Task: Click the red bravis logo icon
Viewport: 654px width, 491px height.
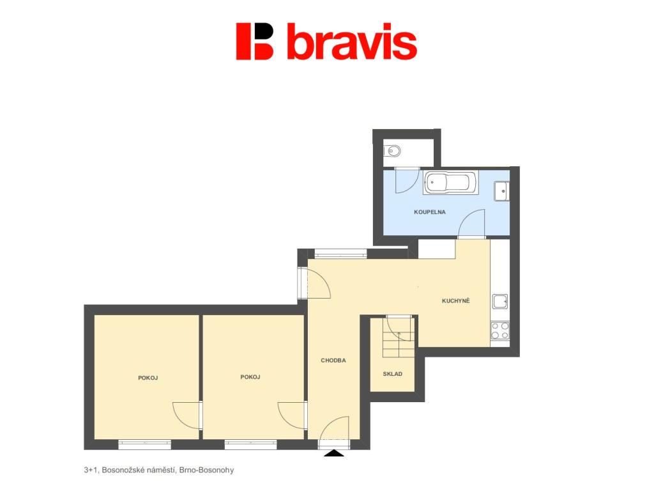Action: [254, 42]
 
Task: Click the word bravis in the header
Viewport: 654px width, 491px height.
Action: [352, 41]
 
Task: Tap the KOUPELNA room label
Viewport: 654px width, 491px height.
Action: [430, 212]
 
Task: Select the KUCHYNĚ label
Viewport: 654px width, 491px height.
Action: [455, 300]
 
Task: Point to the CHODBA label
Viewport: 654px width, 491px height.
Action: [333, 361]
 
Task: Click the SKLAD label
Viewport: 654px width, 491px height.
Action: [393, 374]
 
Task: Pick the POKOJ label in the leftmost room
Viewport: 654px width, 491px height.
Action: [148, 378]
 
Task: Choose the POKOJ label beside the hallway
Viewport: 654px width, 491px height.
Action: [250, 377]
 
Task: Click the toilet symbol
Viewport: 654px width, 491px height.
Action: [393, 150]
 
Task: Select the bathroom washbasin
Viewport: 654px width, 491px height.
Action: [502, 191]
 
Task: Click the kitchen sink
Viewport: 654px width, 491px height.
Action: [500, 301]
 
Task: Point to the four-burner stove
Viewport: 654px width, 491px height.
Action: [500, 331]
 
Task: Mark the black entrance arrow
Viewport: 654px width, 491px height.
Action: [335, 453]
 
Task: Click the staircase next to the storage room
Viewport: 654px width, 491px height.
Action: [399, 336]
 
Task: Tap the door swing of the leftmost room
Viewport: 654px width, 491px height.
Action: [187, 415]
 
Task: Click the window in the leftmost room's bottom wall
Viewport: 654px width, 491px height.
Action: [145, 445]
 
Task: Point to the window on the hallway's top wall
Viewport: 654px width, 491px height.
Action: [340, 253]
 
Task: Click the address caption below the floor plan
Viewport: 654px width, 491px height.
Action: [159, 470]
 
